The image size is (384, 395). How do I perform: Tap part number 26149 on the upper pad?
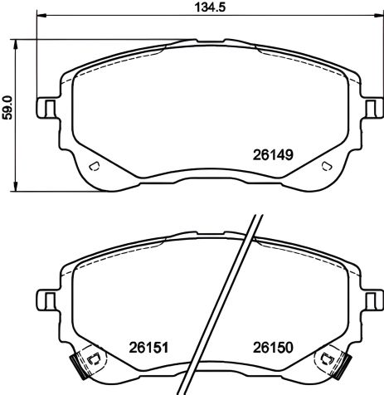coord(274,154)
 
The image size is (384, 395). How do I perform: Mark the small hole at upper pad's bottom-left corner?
coord(94,167)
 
